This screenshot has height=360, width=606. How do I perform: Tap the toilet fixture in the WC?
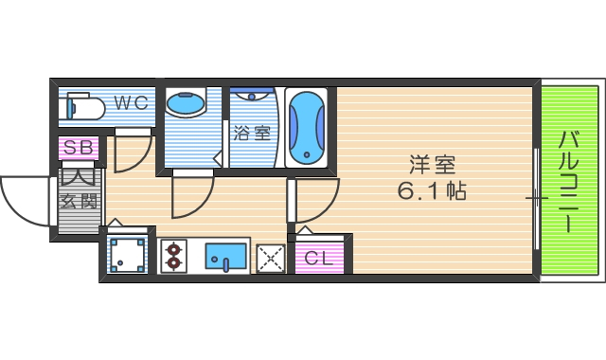point(83,108)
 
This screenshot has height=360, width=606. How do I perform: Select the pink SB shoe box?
point(79,149)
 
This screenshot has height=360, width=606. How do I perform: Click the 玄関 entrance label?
point(79,201)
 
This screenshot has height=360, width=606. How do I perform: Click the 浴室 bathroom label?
point(251,134)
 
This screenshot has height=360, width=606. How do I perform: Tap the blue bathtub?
point(306,129)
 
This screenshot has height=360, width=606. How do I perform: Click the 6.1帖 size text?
point(431,190)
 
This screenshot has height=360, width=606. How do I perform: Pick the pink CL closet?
point(317,257)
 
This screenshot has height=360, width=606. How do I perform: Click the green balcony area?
point(569,180)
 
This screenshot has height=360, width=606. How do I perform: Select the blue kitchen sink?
point(226,255)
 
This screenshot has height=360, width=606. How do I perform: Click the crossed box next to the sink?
point(271,256)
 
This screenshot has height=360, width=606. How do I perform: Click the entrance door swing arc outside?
point(24,201)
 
